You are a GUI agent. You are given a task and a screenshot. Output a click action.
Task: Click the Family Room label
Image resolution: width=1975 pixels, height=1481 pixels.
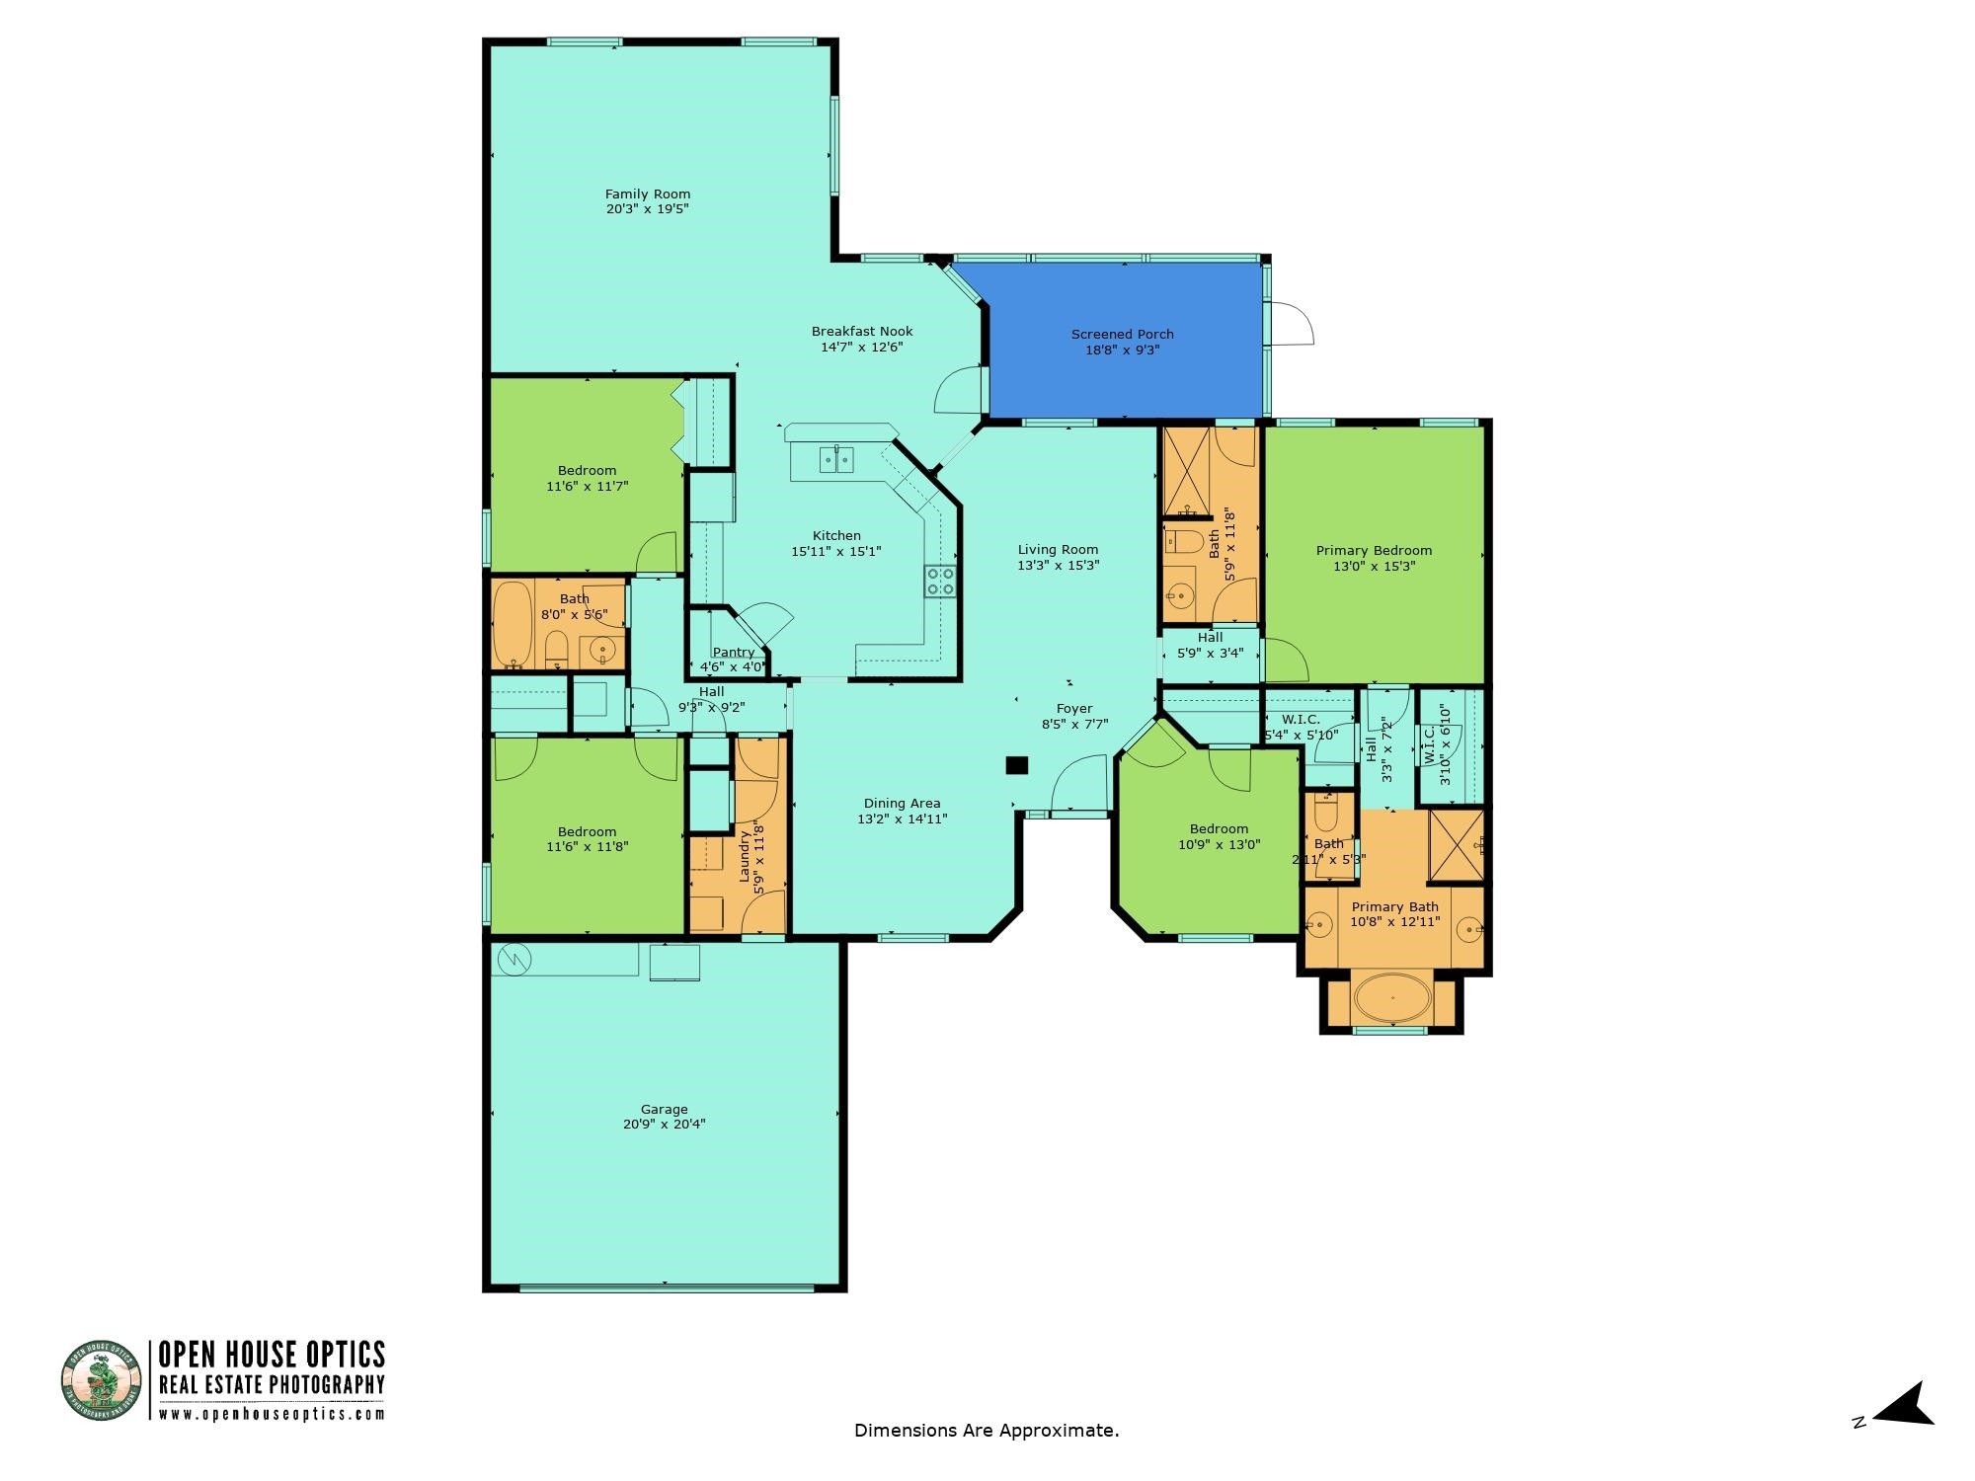(648, 195)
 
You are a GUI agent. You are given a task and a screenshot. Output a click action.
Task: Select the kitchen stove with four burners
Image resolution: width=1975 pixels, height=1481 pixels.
(939, 581)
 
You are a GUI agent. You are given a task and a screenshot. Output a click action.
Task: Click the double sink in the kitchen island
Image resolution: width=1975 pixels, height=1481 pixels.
(836, 459)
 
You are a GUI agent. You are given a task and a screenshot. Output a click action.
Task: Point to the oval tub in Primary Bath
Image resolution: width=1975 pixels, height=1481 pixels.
(1392, 998)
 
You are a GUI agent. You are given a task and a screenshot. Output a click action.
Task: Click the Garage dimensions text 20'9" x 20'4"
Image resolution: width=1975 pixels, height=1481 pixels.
(664, 1124)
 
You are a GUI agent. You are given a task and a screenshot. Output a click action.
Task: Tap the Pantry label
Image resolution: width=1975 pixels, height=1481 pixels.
(734, 652)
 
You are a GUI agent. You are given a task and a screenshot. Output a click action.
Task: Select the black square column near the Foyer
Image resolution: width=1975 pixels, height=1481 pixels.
(1016, 765)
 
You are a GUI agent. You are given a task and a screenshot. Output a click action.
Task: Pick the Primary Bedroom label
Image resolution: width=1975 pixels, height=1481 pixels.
(1374, 551)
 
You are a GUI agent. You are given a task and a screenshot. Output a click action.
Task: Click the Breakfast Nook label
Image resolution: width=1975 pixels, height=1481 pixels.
(862, 332)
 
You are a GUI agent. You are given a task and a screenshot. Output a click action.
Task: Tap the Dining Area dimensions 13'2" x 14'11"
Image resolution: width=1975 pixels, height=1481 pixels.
(902, 818)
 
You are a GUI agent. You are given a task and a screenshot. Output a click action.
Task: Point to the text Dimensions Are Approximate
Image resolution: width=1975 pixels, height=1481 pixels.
(987, 1430)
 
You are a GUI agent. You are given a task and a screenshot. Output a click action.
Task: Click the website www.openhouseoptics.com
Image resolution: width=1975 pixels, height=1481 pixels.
(272, 1414)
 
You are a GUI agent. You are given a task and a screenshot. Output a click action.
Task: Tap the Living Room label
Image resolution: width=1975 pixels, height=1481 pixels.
(1058, 550)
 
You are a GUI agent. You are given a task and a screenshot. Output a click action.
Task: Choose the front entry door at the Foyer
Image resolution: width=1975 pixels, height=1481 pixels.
(1078, 785)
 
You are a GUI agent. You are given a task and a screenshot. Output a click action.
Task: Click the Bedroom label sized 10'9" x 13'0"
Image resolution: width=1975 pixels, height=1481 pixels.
(1219, 829)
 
